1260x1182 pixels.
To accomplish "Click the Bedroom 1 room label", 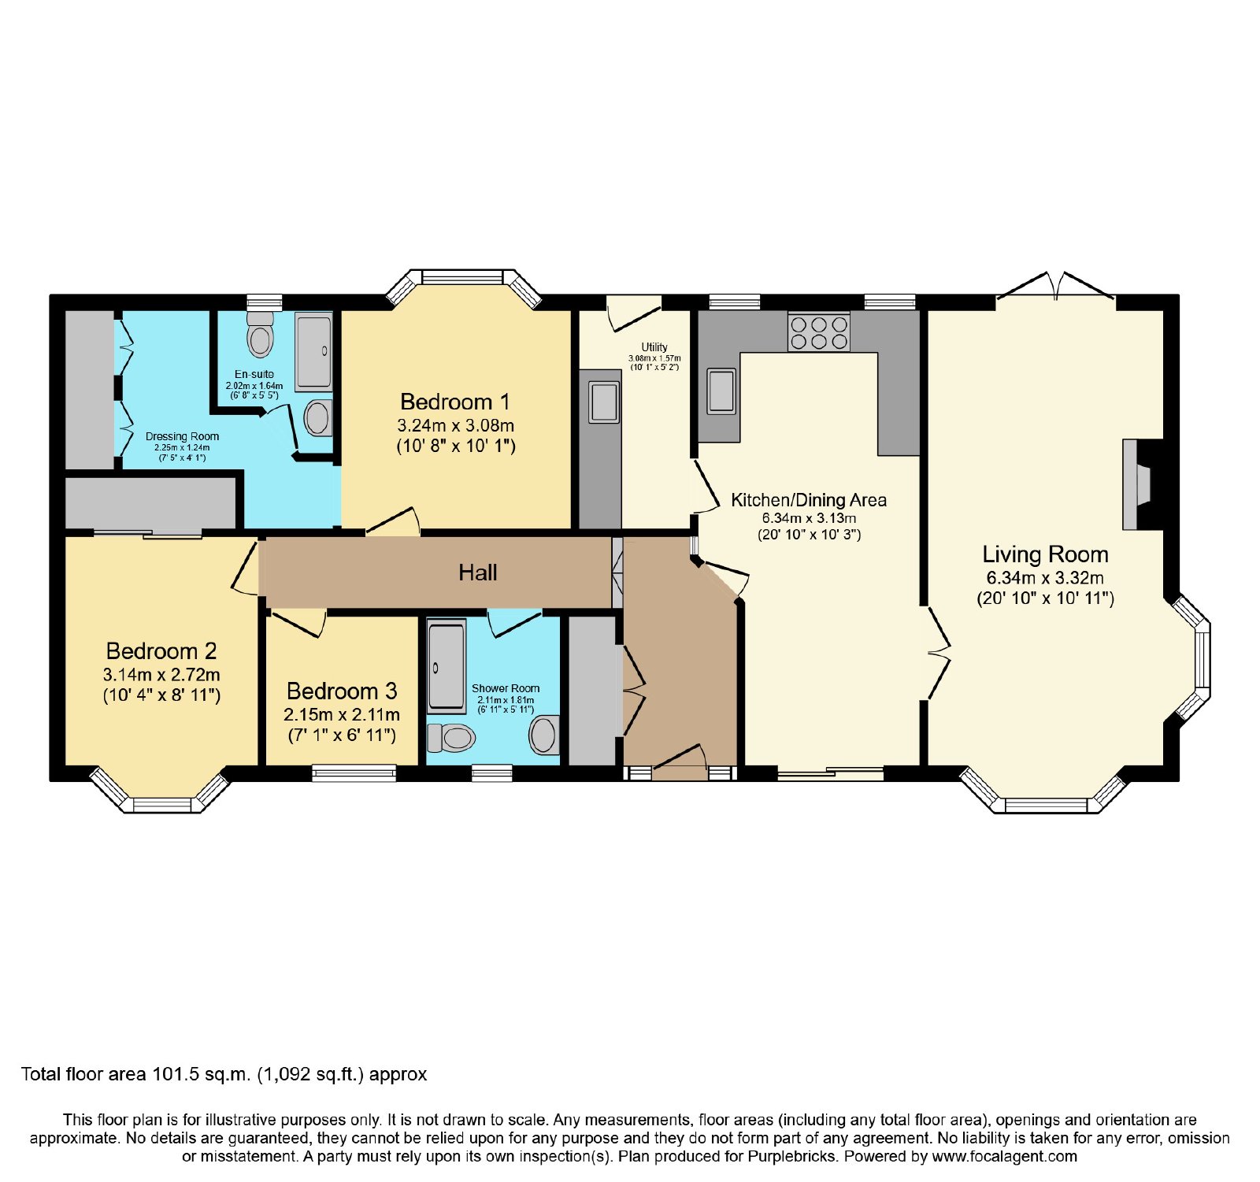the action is point(455,402).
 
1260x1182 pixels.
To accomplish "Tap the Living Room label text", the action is point(1045,554).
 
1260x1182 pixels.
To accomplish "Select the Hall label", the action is point(478,572).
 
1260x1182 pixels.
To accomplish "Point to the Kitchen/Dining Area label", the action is point(809,500).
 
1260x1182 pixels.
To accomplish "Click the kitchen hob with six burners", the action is point(819,332).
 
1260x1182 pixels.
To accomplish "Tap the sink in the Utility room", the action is point(604,402).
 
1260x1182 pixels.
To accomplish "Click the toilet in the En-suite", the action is point(260,334).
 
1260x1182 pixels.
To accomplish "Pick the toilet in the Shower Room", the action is point(451,738).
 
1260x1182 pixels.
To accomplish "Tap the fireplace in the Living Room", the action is point(1136,484).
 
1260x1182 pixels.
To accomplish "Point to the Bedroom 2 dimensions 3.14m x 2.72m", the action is point(161,675).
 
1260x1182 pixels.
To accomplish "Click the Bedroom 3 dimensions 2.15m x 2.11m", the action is point(342,715).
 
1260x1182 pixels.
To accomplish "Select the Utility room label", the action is point(654,347).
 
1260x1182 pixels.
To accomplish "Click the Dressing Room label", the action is point(182,436).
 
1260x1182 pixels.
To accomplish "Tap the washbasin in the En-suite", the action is point(317,417).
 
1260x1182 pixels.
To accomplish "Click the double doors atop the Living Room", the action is point(1056,286).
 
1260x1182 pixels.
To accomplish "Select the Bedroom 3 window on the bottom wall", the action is point(354,773).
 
